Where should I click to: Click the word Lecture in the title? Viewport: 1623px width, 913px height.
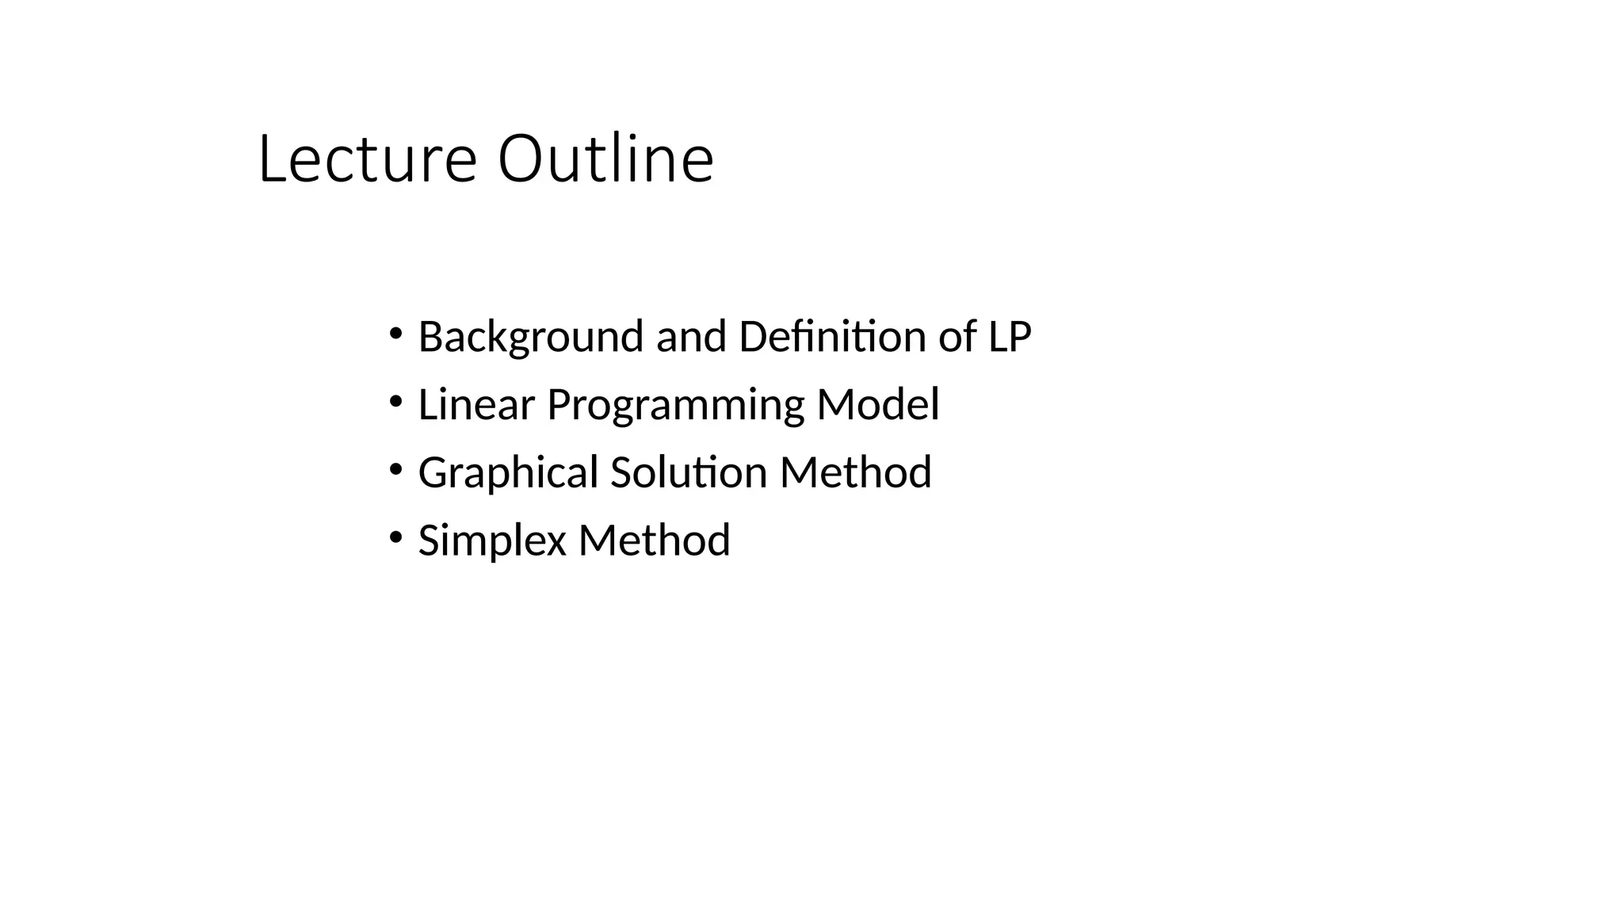click(x=367, y=159)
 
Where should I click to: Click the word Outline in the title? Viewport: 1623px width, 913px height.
click(x=605, y=159)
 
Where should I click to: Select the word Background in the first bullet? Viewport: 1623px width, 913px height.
click(x=530, y=337)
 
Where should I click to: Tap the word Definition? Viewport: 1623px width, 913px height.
click(x=832, y=336)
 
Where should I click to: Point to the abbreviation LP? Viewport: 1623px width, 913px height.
click(x=1009, y=336)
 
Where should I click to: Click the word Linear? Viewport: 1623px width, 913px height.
click(x=476, y=404)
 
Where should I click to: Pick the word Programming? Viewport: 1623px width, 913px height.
click(x=675, y=406)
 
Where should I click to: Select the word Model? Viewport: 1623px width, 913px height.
click(x=877, y=404)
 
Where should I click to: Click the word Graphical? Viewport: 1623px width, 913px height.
click(x=508, y=473)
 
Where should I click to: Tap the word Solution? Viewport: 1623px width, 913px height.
click(x=689, y=472)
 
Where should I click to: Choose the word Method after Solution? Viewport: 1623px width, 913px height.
click(x=855, y=472)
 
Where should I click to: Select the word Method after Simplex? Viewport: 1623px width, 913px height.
click(x=654, y=541)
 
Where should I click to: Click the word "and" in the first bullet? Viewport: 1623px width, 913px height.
click(x=691, y=336)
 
